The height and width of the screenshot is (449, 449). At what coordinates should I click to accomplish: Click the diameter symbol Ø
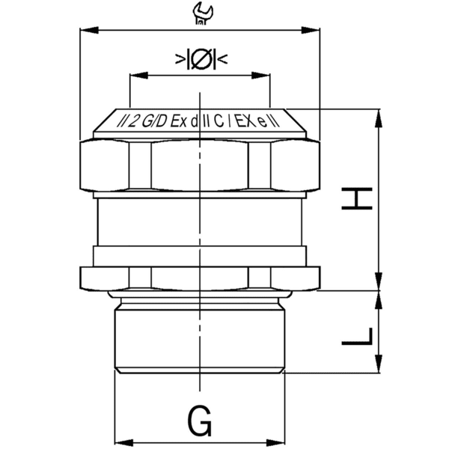tap(201, 59)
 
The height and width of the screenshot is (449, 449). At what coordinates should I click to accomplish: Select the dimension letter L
tap(358, 333)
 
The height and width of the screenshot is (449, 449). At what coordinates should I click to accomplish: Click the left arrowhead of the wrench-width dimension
tap(85, 31)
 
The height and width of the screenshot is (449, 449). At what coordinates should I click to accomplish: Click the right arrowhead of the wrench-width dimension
tap(316, 31)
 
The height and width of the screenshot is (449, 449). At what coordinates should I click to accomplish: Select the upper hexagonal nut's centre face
tap(200, 166)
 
